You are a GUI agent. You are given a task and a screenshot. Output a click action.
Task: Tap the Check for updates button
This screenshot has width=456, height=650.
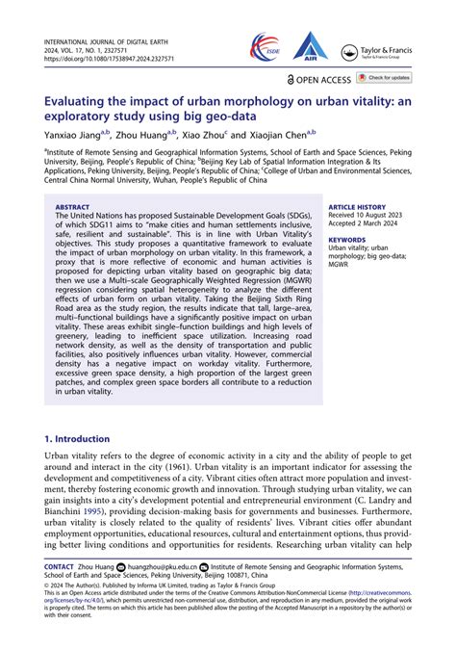point(384,77)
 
